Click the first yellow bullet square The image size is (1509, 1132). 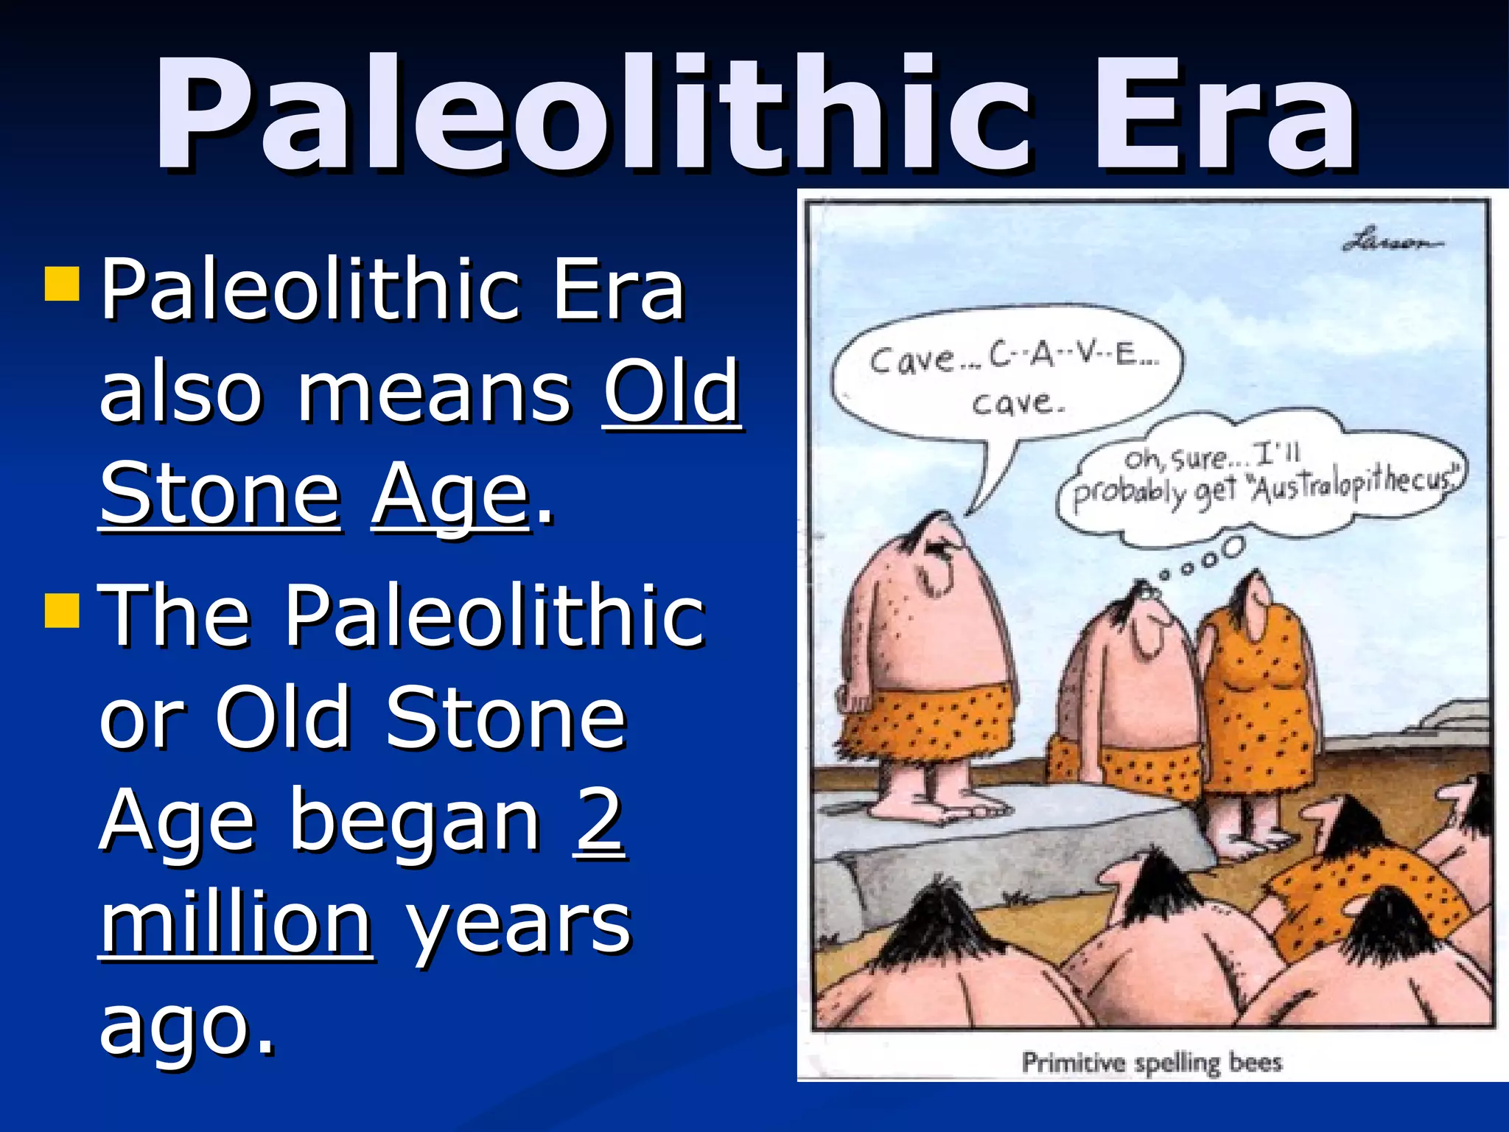click(x=61, y=284)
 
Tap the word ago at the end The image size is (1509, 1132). click(x=187, y=1026)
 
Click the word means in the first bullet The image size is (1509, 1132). click(x=434, y=392)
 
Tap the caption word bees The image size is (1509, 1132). click(x=1256, y=1062)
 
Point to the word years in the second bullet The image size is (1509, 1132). click(x=519, y=925)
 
